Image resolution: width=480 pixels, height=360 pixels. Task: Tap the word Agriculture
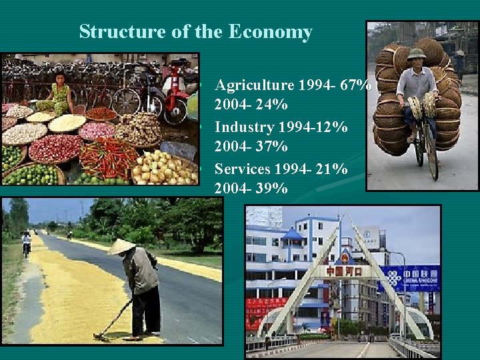tap(254, 85)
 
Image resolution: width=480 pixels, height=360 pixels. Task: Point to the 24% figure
tap(273, 105)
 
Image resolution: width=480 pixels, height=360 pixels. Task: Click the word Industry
tap(244, 127)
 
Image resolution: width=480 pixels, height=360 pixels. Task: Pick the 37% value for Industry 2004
tap(273, 147)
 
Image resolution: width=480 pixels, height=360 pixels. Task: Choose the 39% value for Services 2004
tap(273, 189)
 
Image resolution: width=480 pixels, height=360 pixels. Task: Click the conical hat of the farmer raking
tap(121, 247)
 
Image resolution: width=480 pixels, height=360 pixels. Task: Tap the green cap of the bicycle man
tap(417, 54)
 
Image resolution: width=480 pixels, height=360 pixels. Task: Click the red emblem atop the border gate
tap(345, 257)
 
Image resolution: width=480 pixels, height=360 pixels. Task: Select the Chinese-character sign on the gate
tap(344, 271)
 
